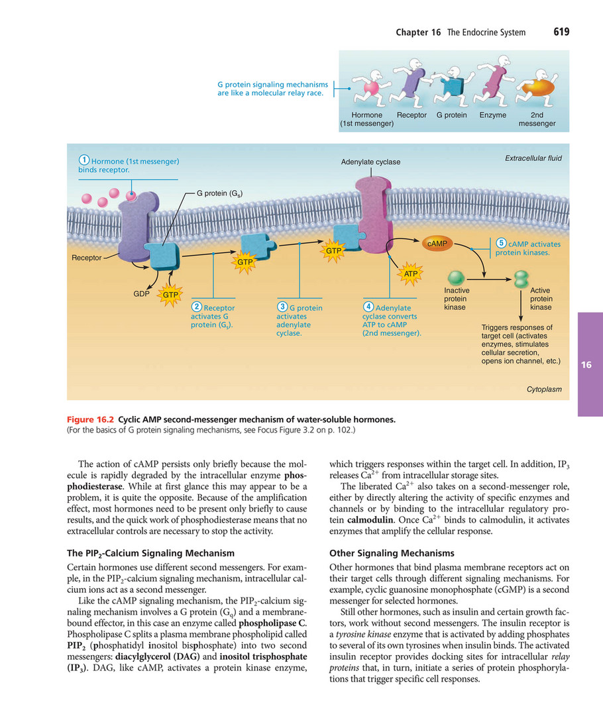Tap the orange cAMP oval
click(438, 244)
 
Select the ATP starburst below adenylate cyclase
click(410, 273)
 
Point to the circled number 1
click(84, 160)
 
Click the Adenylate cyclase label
click(370, 162)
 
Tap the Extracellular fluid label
click(533, 158)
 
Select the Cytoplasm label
click(544, 390)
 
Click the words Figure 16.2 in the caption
click(91, 419)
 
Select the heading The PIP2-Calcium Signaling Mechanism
click(151, 552)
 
